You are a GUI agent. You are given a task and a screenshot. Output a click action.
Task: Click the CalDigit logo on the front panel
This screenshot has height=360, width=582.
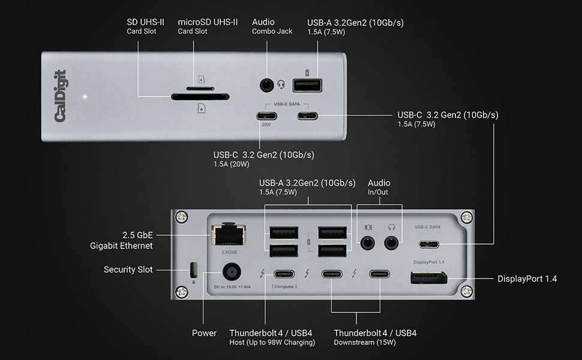[61, 96]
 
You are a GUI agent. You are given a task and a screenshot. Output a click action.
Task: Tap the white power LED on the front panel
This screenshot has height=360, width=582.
[85, 96]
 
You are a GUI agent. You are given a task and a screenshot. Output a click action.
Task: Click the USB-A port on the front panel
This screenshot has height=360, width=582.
[307, 85]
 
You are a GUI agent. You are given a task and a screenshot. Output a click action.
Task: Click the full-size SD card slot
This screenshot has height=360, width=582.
[199, 96]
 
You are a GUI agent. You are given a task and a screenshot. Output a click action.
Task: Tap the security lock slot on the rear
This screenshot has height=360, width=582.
[193, 268]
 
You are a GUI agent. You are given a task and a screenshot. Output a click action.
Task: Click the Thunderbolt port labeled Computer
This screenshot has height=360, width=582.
[284, 275]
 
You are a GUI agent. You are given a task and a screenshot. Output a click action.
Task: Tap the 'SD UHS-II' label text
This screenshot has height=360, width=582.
[147, 22]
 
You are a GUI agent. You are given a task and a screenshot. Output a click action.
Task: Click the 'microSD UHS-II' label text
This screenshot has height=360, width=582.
[208, 22]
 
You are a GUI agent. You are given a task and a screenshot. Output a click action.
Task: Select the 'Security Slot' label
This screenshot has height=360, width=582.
[128, 270]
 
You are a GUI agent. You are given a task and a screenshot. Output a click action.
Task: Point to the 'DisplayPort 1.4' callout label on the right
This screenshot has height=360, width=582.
[527, 278]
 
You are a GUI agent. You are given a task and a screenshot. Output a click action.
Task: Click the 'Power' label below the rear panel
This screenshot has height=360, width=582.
[204, 333]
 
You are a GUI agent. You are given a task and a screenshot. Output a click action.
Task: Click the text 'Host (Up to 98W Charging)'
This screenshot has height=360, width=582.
[272, 343]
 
